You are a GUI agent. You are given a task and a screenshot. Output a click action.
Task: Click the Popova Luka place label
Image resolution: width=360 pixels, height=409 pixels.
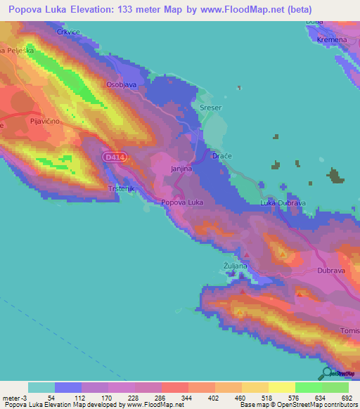pos(183,202)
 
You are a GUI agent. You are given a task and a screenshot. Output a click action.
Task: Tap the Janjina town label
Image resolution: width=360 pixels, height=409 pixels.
pos(181,169)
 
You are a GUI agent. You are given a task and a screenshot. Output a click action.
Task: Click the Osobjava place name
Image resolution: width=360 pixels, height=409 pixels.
pos(120,84)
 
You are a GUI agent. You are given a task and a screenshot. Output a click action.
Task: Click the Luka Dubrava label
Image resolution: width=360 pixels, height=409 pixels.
pos(281,203)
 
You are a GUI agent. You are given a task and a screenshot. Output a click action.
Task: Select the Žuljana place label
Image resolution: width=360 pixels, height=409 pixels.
pos(236,266)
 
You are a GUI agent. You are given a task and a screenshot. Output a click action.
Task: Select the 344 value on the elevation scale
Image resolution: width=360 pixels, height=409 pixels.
pos(174,398)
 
